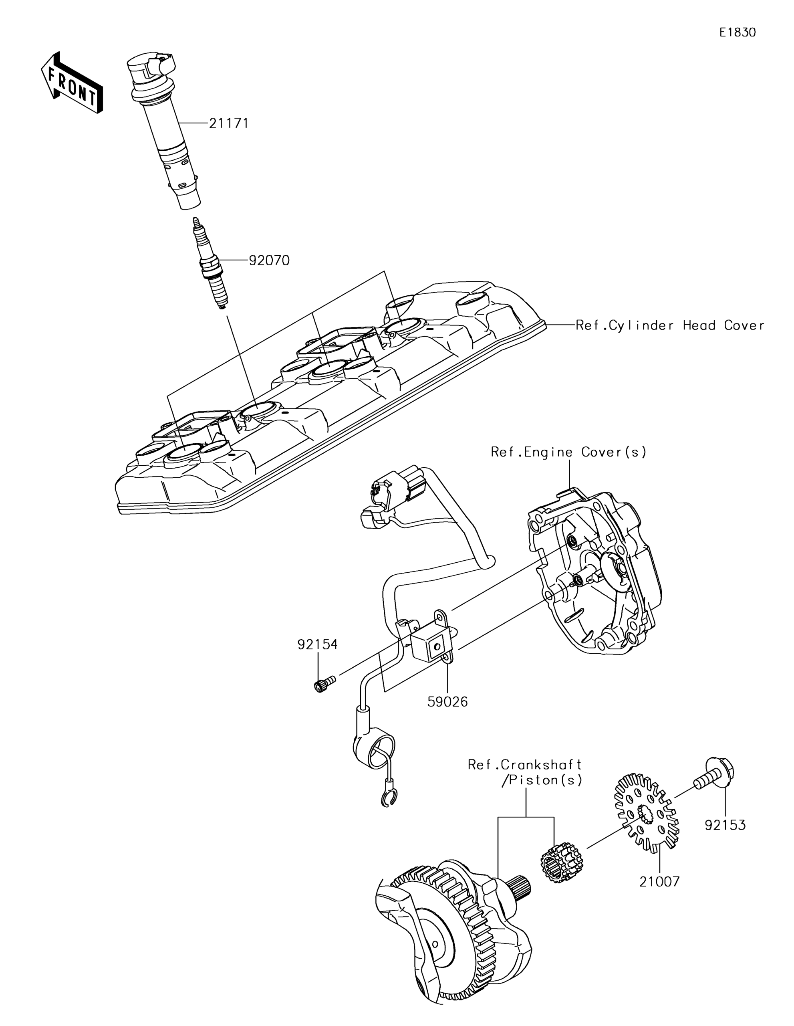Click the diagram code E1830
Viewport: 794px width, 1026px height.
737,32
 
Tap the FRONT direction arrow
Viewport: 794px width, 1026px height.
72,82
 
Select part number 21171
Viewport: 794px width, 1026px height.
228,123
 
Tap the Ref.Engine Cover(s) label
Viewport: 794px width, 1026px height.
568,452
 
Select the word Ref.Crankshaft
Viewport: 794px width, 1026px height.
524,764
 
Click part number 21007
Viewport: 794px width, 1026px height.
659,882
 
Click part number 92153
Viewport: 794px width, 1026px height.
725,825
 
